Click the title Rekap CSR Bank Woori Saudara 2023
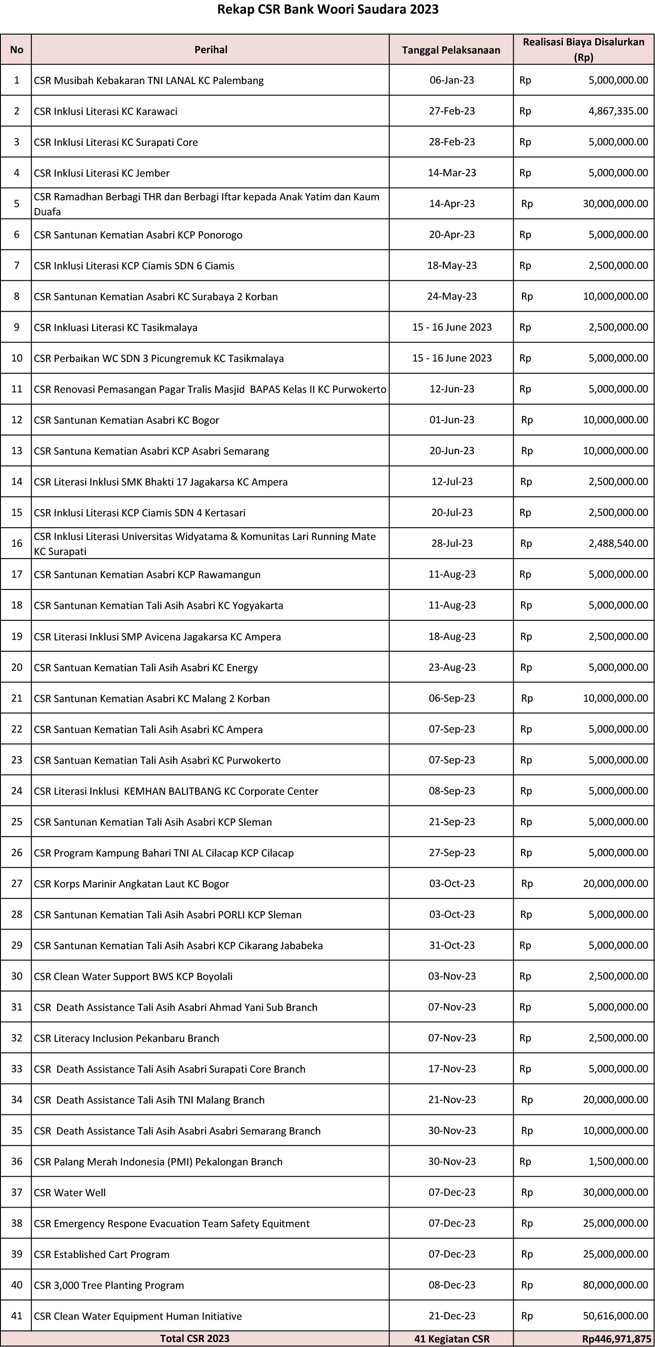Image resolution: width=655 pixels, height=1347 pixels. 328,10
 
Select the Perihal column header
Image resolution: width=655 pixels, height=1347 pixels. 211,50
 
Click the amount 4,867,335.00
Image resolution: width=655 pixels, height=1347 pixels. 618,111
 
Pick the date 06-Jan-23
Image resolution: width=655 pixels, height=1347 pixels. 452,80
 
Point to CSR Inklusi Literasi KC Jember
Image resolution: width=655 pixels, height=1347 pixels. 102,173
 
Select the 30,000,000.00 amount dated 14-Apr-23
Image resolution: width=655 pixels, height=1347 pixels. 615,203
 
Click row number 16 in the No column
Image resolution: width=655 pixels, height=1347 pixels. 17,543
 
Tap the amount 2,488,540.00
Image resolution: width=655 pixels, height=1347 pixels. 618,543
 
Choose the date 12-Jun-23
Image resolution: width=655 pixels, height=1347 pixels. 452,389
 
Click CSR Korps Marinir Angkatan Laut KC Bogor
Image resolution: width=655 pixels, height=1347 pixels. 132,884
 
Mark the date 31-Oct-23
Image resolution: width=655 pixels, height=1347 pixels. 452,946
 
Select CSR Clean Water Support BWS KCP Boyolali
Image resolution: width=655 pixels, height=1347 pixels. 133,976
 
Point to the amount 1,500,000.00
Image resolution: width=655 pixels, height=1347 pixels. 618,1161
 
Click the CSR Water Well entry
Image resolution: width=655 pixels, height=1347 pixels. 70,1192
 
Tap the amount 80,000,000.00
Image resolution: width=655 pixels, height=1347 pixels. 615,1285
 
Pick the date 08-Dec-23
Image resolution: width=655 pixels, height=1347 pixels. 452,1285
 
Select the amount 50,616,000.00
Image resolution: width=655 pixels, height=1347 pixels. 615,1316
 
